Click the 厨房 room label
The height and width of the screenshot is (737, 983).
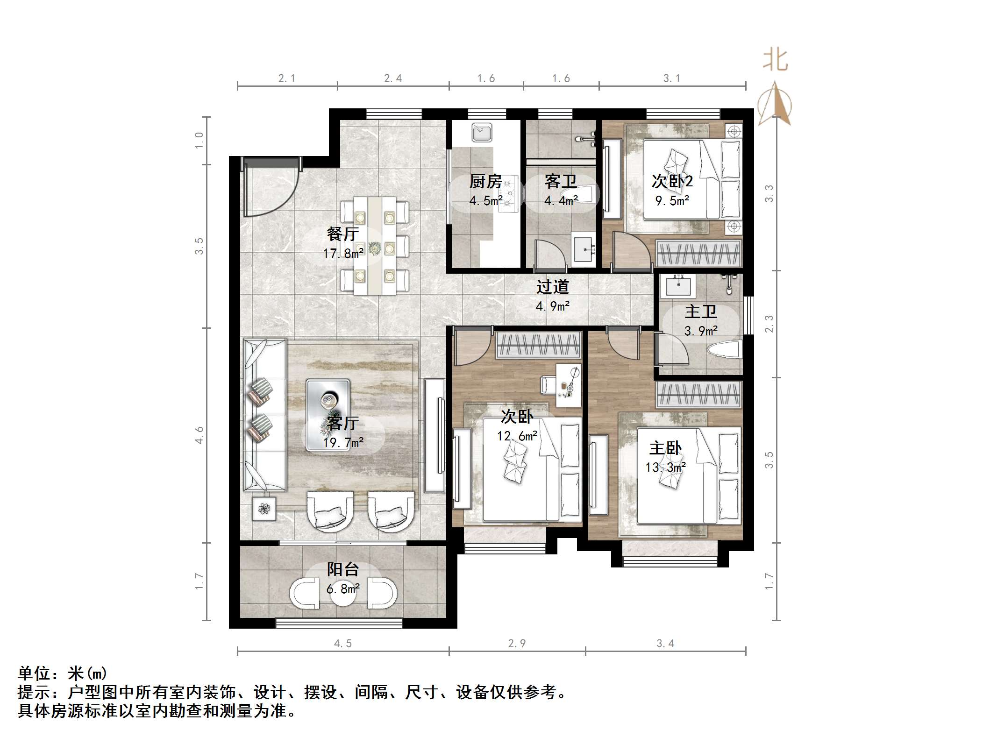[x=485, y=181]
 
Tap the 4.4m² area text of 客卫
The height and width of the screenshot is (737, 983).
[x=560, y=201]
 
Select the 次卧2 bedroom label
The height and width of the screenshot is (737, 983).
[x=672, y=181]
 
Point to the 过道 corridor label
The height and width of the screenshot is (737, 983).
[x=552, y=286]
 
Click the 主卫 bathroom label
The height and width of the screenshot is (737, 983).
[x=700, y=312]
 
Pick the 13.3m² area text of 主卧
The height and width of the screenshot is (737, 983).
[x=665, y=467]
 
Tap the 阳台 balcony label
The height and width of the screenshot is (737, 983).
[x=342, y=569]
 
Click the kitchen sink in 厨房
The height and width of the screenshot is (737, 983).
[x=481, y=132]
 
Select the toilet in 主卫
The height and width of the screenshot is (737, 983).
[x=725, y=349]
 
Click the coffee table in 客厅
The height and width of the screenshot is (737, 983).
[x=328, y=414]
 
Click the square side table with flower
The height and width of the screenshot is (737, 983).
[x=264, y=509]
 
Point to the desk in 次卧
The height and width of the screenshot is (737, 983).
[x=569, y=385]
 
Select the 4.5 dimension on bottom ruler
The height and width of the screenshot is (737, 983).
[x=342, y=643]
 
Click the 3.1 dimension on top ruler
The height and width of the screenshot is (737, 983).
[x=671, y=78]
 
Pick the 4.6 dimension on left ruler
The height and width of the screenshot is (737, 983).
[x=199, y=435]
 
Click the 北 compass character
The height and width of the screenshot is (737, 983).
[x=775, y=61]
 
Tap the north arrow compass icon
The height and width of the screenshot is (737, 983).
[x=774, y=105]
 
